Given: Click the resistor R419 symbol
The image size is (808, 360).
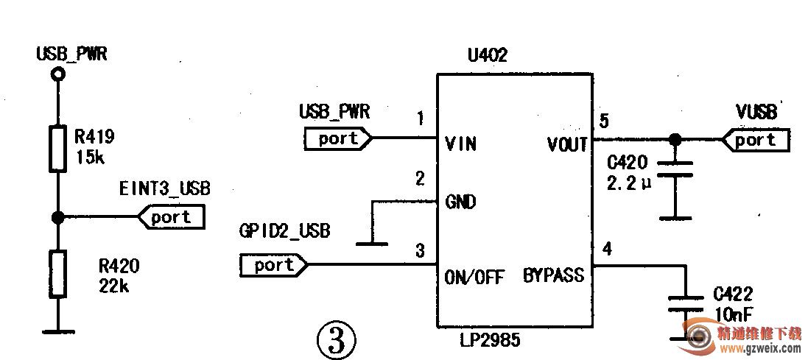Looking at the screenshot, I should click(x=57, y=149).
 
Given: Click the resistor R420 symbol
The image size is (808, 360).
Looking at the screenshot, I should click(x=57, y=274).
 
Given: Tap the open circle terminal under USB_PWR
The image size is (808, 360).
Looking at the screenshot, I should click(x=57, y=74).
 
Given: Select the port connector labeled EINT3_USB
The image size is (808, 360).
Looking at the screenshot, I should click(x=171, y=217).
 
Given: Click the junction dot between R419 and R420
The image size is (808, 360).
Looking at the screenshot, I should click(x=57, y=217).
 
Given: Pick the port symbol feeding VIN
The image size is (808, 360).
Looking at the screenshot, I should click(x=338, y=138).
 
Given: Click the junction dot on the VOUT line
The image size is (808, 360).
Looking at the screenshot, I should click(x=674, y=139).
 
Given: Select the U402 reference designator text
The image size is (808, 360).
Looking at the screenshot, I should click(x=487, y=56).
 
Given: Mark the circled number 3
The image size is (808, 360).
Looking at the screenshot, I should click(x=336, y=340).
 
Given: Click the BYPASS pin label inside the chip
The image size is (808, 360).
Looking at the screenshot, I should click(x=553, y=276).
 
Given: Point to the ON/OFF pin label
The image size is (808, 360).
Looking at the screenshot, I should click(x=474, y=278).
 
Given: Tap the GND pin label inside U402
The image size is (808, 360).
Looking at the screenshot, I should click(x=460, y=202).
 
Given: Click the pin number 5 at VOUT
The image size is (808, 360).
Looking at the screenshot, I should click(x=604, y=121).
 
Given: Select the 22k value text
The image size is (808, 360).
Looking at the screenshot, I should click(x=113, y=286).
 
